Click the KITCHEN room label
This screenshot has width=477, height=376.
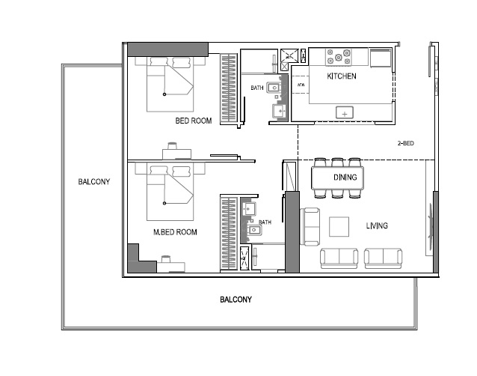[x=342, y=76]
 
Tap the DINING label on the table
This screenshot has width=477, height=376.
[x=345, y=178]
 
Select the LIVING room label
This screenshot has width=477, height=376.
[x=377, y=225]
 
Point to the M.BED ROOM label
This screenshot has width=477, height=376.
[x=175, y=232]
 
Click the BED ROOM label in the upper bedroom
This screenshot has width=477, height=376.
[x=194, y=121]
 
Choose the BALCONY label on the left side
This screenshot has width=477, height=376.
[x=94, y=181]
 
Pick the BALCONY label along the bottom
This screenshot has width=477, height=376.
[x=236, y=300]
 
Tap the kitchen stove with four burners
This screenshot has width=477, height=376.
[x=339, y=56]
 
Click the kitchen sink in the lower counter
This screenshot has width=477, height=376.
[x=345, y=112]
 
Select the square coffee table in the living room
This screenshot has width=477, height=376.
[x=339, y=225]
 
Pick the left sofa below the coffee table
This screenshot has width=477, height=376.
[x=340, y=258]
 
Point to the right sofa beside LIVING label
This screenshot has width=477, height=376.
[x=384, y=258]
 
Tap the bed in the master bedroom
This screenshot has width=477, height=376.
[x=166, y=191]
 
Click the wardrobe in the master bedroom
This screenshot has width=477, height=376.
[x=229, y=234]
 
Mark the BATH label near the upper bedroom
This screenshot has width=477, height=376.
[x=257, y=88]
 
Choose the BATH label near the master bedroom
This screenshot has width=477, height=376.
[x=265, y=222]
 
